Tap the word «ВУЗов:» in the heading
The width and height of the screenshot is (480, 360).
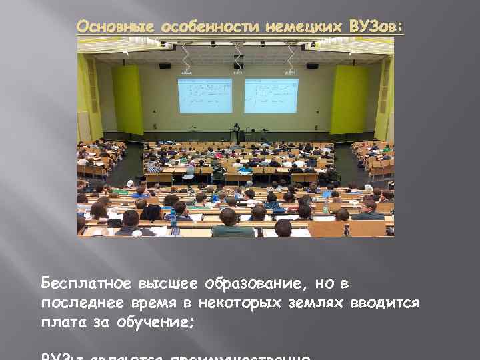point(377,27)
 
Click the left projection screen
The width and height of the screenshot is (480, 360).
point(205,95)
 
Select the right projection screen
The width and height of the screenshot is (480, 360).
point(271,95)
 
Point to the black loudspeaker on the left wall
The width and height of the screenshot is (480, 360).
point(165,65)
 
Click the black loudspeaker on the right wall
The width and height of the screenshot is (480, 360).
point(312,65)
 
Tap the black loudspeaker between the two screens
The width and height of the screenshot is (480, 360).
point(238,65)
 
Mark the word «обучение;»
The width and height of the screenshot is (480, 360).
point(156,323)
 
